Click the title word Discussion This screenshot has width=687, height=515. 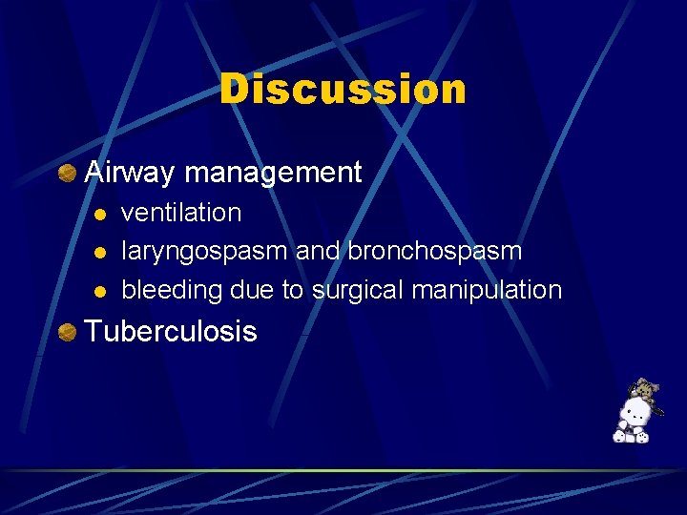[343, 90]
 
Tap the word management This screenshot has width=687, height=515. [273, 173]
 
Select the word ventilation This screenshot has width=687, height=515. [181, 213]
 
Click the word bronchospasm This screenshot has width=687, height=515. [435, 251]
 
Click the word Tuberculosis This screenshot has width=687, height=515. [171, 332]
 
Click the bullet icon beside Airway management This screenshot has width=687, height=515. [67, 173]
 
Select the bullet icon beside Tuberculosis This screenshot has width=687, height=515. [67, 332]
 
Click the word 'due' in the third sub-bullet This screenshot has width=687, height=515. [255, 290]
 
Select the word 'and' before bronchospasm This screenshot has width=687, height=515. [319, 251]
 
